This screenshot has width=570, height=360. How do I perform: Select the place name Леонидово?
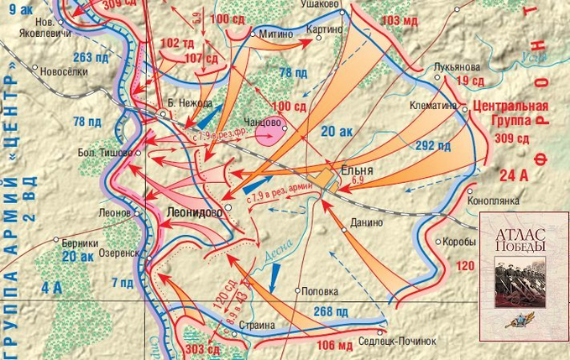tap(195, 212)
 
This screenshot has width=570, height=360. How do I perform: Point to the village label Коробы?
tap(459, 241)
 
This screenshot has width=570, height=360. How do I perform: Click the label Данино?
tap(367, 222)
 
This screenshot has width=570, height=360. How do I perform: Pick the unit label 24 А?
tap(511, 175)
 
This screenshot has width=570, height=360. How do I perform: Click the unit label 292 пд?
tap(432, 145)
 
